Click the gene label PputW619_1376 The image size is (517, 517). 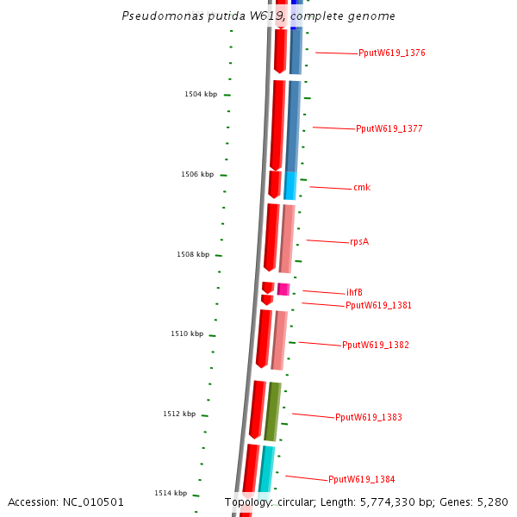[x=392, y=53]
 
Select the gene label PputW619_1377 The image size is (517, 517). [x=389, y=129]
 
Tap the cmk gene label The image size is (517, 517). [x=362, y=188]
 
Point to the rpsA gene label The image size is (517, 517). [x=358, y=242]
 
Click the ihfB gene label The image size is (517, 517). [x=354, y=293]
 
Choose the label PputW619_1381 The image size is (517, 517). [x=378, y=306]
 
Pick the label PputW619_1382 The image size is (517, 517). [x=375, y=346]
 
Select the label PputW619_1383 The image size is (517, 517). [x=368, y=418]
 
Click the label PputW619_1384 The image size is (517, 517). [x=361, y=480]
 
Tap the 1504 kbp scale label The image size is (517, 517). [x=200, y=95]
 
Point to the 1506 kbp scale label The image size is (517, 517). [x=196, y=175]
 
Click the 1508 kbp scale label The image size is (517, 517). [x=193, y=255]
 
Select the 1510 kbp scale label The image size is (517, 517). [x=186, y=334]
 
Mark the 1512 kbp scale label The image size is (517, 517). [x=179, y=414]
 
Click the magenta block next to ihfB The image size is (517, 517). [x=283, y=290]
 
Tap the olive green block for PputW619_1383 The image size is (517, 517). [x=271, y=412]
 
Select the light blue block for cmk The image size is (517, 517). [x=290, y=185]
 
